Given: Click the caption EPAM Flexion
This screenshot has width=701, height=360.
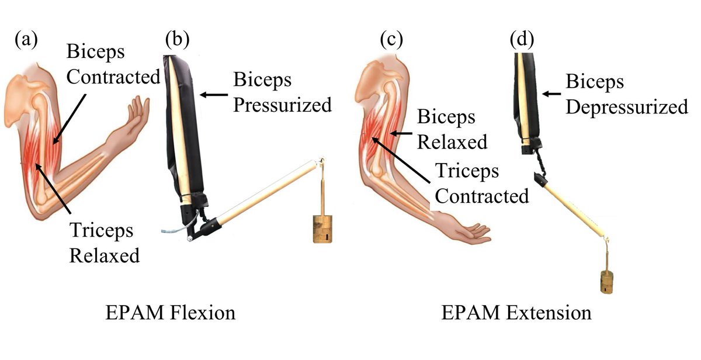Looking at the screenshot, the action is tap(171, 313).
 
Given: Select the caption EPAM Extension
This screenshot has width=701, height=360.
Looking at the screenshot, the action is tap(516, 313).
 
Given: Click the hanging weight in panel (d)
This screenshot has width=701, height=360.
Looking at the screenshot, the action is tap(609, 281).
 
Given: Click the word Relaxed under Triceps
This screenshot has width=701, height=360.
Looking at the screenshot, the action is tap(105, 255).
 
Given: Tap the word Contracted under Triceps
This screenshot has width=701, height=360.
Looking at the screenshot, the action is tap(482, 195).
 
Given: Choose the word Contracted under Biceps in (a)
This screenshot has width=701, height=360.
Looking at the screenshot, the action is tap(113, 77).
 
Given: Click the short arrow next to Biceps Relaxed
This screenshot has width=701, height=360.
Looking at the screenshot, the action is tap(402, 133).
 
